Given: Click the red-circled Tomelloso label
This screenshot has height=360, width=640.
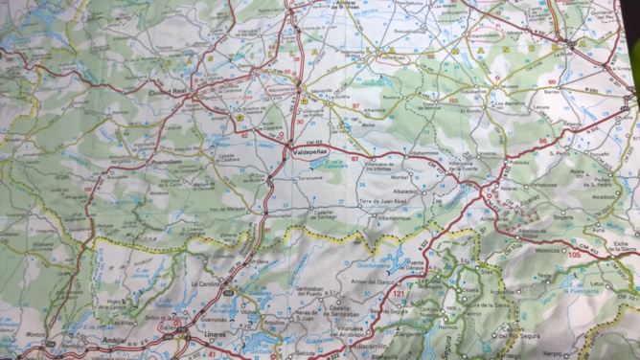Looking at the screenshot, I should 392,57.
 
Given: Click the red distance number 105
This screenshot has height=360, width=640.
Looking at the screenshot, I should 574,256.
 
